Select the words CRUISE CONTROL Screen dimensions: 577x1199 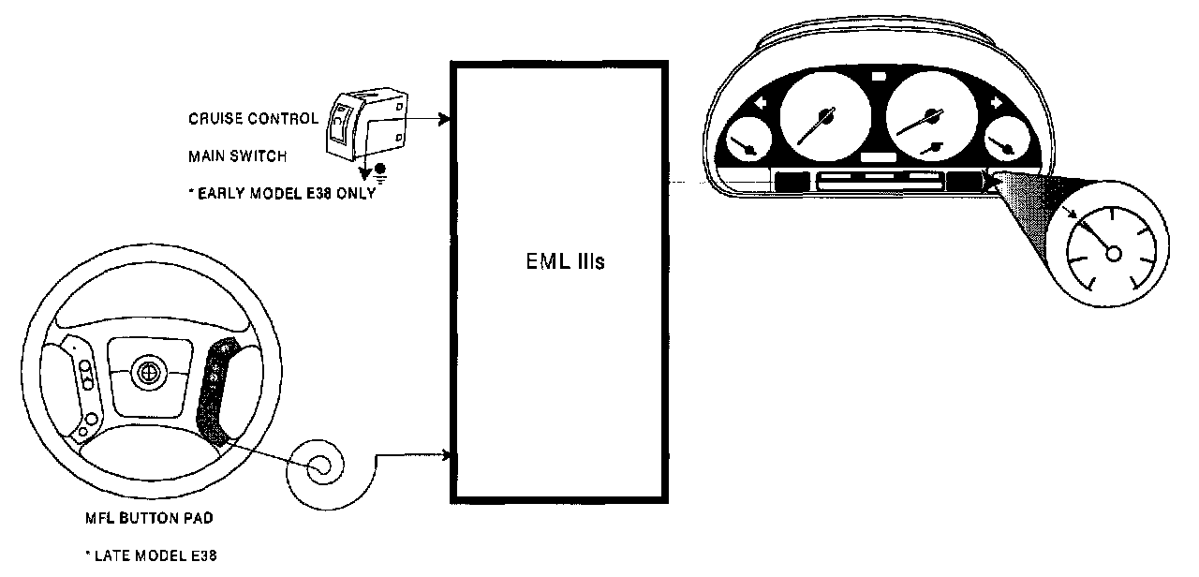253,119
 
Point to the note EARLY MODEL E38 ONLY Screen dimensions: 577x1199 281,194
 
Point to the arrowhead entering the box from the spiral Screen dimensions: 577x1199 452,456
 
